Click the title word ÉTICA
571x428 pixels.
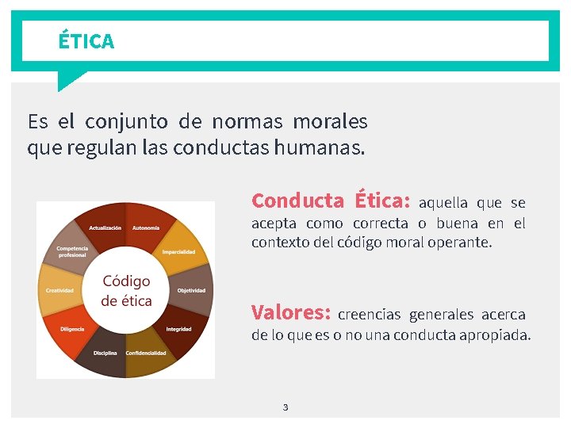coord(86,41)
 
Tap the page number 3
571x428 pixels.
coord(285,407)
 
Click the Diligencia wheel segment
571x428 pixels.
coord(71,327)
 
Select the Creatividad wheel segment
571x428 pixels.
coord(59,290)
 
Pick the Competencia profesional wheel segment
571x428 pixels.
coord(71,250)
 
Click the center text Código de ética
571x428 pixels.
coord(126,291)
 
